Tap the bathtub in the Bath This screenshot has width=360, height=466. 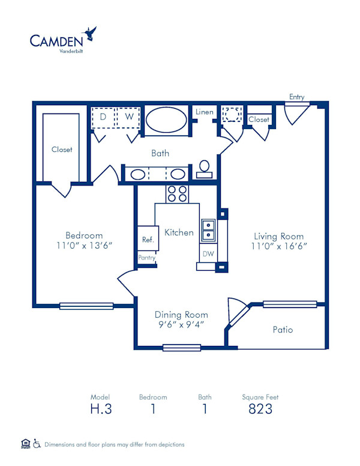(x=166, y=119)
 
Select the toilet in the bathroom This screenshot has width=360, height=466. (x=204, y=169)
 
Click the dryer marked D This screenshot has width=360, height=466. (x=103, y=117)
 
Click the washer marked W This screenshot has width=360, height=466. (x=128, y=117)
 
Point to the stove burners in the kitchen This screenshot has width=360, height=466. (x=177, y=193)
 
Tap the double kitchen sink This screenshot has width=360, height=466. (x=208, y=228)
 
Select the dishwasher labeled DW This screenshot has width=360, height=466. (x=208, y=254)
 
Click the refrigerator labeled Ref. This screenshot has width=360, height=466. (x=148, y=239)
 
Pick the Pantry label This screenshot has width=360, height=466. (x=147, y=258)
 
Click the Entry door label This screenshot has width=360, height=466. (x=296, y=97)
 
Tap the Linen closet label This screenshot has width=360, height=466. (x=204, y=112)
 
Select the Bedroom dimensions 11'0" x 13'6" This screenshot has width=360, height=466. (x=84, y=246)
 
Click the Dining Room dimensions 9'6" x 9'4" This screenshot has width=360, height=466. (x=181, y=325)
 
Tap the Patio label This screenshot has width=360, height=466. (x=283, y=330)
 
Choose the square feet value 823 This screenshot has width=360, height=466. (x=260, y=410)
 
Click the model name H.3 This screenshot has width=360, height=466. (x=100, y=410)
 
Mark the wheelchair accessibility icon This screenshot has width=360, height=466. (x=37, y=444)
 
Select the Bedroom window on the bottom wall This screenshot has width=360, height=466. (x=86, y=306)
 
